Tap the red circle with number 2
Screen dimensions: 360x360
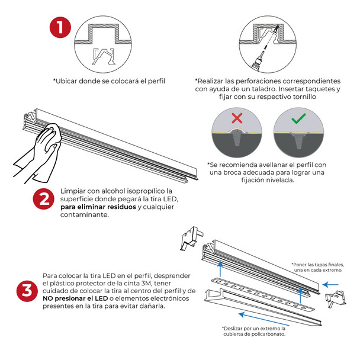click(43, 200)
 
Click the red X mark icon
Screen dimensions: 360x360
click(237, 118)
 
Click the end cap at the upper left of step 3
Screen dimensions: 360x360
click(191, 237)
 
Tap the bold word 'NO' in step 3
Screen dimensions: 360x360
click(52, 299)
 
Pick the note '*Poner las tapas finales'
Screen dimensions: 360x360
click(317, 265)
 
